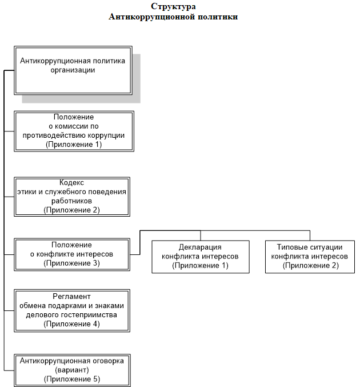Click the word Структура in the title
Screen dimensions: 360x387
pyautogui.click(x=173, y=7)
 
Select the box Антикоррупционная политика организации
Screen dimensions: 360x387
pyautogui.click(x=73, y=70)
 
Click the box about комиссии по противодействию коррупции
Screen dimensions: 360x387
pyautogui.click(x=74, y=131)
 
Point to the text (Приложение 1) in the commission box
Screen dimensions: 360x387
pyautogui.click(x=74, y=145)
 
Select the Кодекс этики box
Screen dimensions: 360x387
pyautogui.click(x=72, y=197)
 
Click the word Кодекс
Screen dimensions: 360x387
pyautogui.click(x=71, y=183)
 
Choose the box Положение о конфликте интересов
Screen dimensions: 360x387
pyautogui.click(x=72, y=254)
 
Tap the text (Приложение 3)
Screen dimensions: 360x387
pyautogui.click(x=72, y=264)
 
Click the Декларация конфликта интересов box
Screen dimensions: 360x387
pyautogui.click(x=201, y=257)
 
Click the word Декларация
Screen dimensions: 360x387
pyautogui.click(x=200, y=248)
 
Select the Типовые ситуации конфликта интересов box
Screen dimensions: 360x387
pyautogui.click(x=310, y=257)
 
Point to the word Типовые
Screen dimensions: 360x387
pyautogui.click(x=289, y=247)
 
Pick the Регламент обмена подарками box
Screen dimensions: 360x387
pyautogui.click(x=72, y=310)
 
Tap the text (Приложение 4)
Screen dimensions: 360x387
pyautogui.click(x=72, y=324)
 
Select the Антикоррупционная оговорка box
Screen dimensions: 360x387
pyautogui.click(x=72, y=370)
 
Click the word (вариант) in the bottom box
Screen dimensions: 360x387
pyautogui.click(x=72, y=370)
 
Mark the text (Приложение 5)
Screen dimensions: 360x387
pyautogui.click(x=72, y=379)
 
